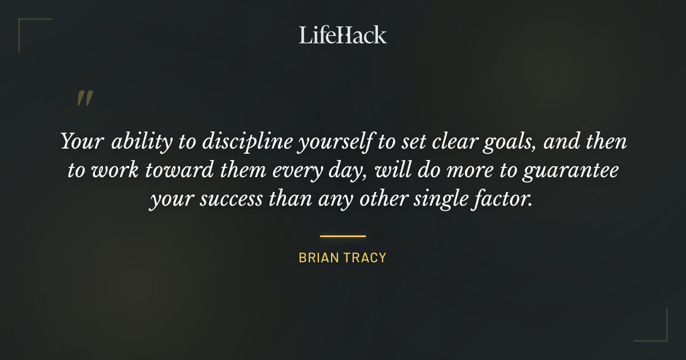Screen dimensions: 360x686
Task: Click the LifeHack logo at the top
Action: (343, 35)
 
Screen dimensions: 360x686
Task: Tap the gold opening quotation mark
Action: (85, 98)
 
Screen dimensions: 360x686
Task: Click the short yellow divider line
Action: (343, 235)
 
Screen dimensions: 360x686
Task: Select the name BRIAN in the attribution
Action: (318, 258)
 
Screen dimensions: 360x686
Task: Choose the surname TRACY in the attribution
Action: (365, 258)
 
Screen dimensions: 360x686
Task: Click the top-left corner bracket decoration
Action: (26, 26)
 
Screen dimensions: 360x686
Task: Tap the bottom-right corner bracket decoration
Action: (660, 334)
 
